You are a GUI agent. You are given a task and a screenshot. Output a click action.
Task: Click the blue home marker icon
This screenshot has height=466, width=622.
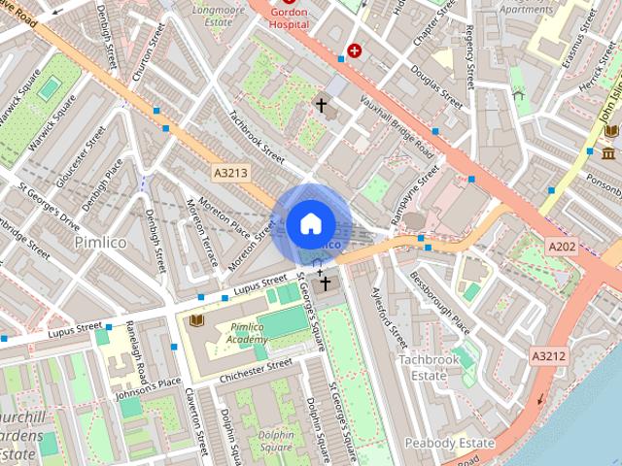click(x=309, y=224)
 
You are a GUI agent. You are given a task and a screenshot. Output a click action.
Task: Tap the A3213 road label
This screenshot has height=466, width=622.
click(x=230, y=172)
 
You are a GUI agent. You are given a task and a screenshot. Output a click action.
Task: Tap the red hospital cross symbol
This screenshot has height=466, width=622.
click(x=355, y=50)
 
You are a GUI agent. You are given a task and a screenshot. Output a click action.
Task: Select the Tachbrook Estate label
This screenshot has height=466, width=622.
click(x=429, y=367)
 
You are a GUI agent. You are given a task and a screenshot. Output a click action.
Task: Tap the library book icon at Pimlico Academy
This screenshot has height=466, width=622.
click(x=196, y=318)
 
